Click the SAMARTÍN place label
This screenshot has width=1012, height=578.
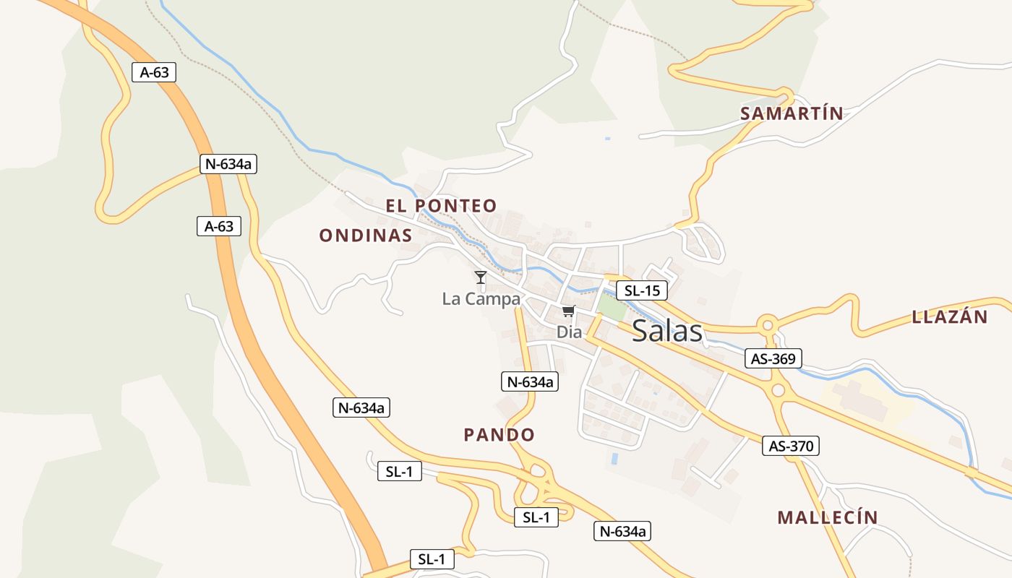[792, 113]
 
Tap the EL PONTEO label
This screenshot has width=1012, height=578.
[441, 206]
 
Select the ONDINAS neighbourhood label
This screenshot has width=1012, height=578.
[365, 236]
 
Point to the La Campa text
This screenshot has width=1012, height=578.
[481, 299]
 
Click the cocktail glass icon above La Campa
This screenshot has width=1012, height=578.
[481, 277]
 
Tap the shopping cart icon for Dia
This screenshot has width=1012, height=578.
[568, 311]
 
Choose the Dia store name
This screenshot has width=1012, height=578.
[569, 332]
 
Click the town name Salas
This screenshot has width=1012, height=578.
[666, 331]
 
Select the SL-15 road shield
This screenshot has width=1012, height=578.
[641, 291]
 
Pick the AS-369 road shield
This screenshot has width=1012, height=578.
[773, 358]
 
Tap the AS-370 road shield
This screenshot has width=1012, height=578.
[791, 447]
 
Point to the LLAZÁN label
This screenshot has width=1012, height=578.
[949, 316]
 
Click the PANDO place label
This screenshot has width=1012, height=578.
[499, 435]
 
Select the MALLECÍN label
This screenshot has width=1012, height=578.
[827, 517]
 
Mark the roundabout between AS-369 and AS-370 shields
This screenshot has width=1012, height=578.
[778, 391]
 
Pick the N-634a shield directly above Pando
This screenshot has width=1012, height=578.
[530, 382]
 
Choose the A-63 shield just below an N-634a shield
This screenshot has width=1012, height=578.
[218, 226]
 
